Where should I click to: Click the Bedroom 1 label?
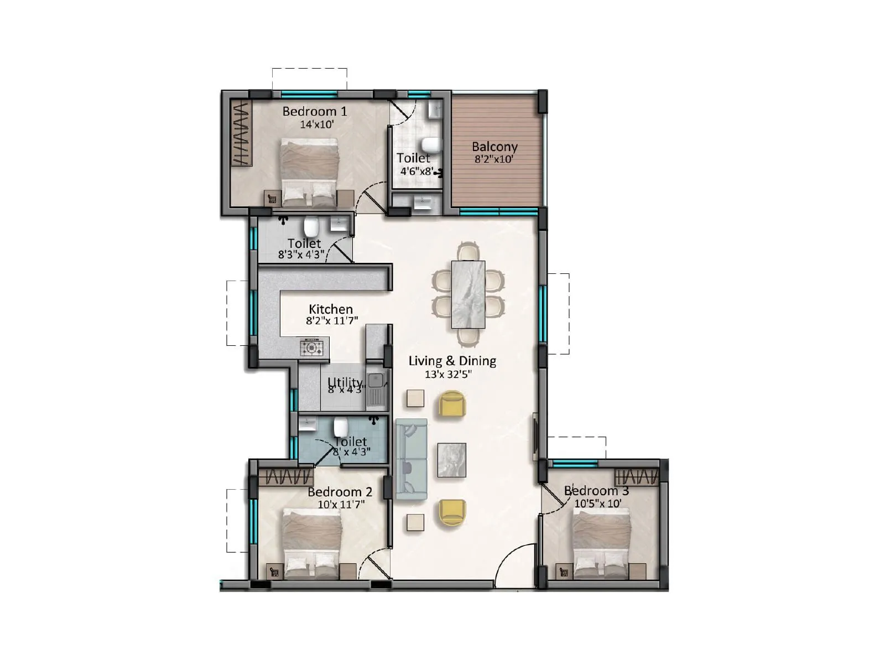click(314, 111)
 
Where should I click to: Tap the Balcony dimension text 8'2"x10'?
click(494, 159)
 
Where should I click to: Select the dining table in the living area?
click(468, 294)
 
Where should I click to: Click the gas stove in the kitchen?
click(311, 348)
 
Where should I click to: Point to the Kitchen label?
click(331, 309)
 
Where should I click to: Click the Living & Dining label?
click(452, 361)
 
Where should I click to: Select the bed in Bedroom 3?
click(601, 542)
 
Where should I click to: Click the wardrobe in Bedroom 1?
click(241, 133)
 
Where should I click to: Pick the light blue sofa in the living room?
click(411, 458)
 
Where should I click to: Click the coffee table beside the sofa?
click(451, 460)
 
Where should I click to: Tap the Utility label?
click(345, 382)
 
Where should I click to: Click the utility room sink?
click(377, 381)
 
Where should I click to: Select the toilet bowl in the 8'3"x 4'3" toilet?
click(311, 226)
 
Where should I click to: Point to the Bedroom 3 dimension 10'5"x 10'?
click(597, 504)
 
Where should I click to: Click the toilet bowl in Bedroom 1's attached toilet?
click(429, 146)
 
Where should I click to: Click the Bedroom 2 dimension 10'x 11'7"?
click(341, 505)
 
